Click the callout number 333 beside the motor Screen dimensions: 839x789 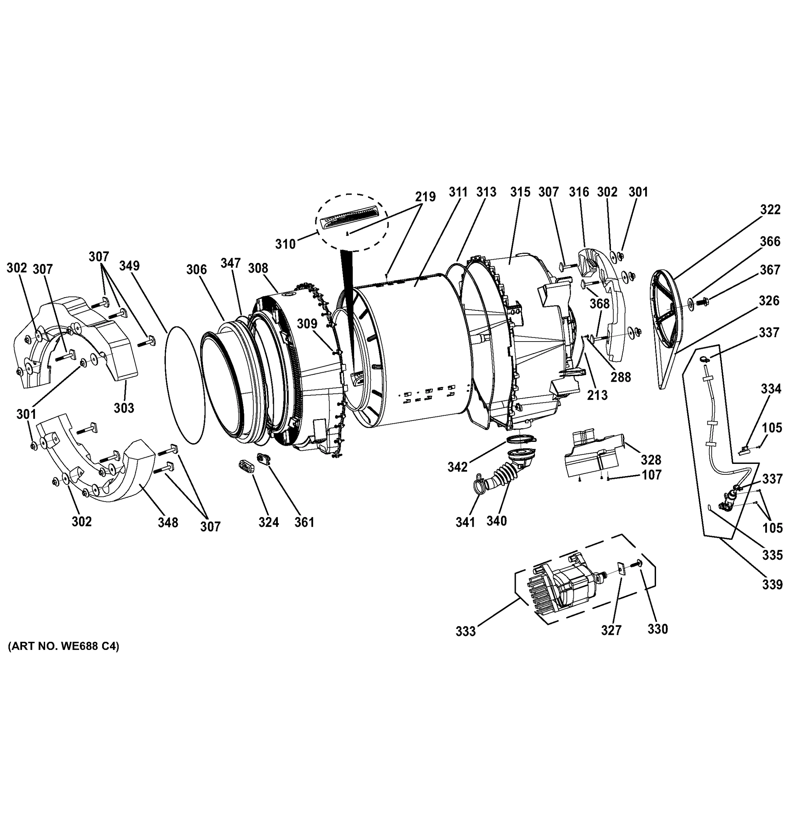click(x=465, y=631)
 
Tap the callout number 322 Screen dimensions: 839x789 click(x=770, y=209)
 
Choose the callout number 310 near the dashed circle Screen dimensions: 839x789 click(x=285, y=244)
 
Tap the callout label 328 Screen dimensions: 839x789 click(x=651, y=460)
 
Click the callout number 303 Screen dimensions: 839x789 click(x=124, y=408)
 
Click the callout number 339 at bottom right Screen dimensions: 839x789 click(x=773, y=585)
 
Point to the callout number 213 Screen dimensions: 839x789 click(x=597, y=395)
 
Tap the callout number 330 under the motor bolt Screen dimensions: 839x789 click(x=658, y=629)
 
